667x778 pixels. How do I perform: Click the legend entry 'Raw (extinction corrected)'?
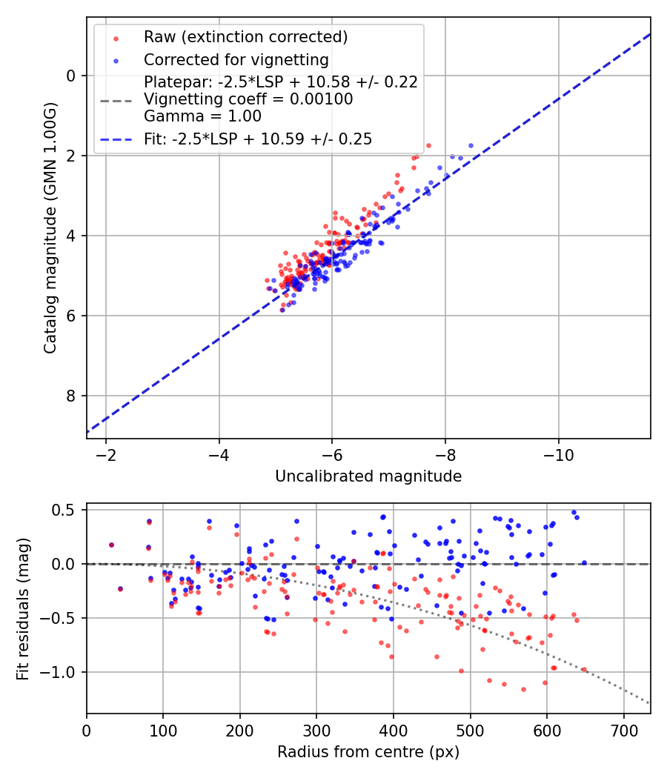[245, 37]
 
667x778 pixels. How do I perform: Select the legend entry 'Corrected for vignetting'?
[236, 59]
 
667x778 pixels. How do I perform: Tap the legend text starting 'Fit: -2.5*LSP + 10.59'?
[257, 139]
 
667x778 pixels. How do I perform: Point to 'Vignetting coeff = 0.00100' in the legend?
[248, 99]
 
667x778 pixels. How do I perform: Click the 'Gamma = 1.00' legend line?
[202, 116]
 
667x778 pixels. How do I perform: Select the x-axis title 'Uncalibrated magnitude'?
[368, 476]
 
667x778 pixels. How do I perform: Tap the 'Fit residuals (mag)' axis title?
[23, 608]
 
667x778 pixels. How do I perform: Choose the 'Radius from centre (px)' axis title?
[368, 752]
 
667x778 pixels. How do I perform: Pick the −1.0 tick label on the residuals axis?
[61, 672]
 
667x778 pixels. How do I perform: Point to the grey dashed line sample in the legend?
[116, 99]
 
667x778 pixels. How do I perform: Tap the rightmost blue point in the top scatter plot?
[471, 145]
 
